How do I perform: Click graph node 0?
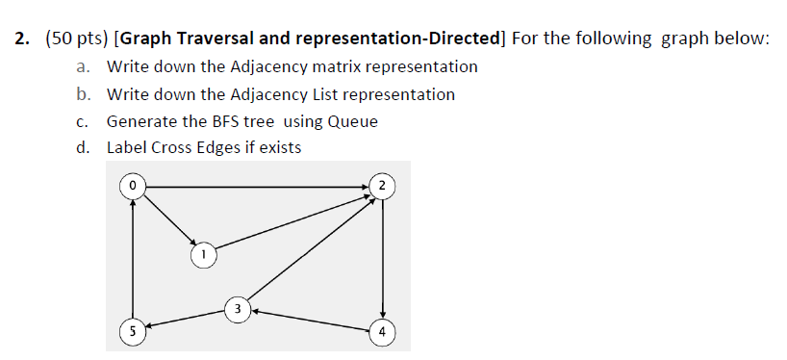(x=133, y=184)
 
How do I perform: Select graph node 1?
(x=203, y=255)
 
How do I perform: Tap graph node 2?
(x=382, y=184)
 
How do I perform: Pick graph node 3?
(x=238, y=308)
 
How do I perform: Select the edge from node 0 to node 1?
(x=167, y=219)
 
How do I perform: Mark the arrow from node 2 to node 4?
(x=382, y=258)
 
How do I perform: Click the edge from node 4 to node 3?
(x=310, y=321)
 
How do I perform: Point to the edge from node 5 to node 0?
(x=133, y=258)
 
